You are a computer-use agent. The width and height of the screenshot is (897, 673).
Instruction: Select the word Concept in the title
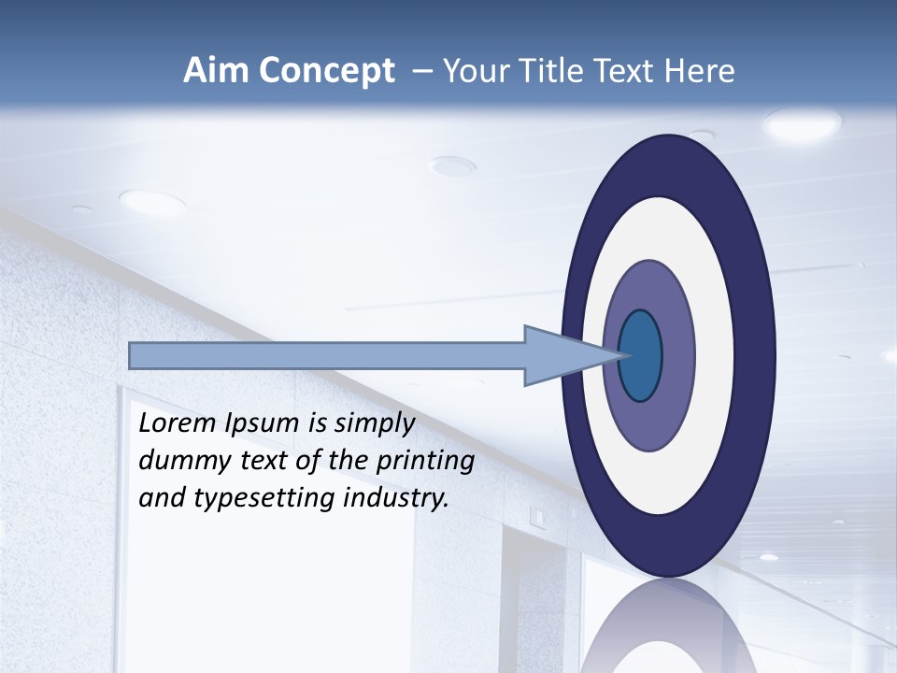tap(326, 71)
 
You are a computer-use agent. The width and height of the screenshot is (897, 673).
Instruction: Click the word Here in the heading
tap(700, 71)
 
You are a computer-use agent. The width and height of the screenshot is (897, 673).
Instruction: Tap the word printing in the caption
tap(426, 461)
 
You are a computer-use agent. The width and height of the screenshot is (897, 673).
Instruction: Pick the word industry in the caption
tap(396, 498)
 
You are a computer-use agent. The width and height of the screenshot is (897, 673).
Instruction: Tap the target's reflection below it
tap(668, 631)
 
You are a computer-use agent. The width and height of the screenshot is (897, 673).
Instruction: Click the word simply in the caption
tap(374, 423)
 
